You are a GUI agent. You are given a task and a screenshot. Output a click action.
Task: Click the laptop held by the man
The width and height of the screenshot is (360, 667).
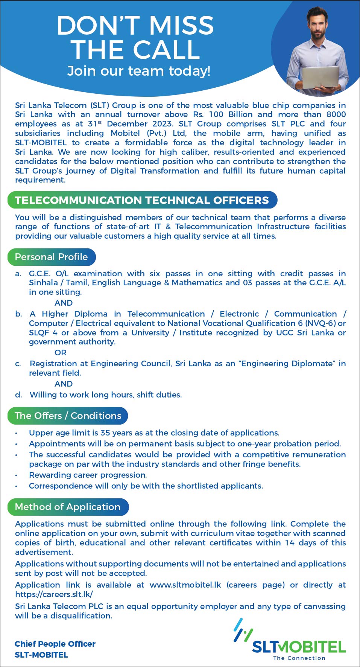(x=321, y=77)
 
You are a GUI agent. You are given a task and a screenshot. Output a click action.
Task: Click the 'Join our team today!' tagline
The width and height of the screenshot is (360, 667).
(x=138, y=71)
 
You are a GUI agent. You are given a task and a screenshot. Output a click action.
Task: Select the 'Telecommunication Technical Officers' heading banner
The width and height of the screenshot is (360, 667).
(x=142, y=200)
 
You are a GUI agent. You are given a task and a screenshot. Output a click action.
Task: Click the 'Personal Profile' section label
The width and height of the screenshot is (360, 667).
(x=51, y=257)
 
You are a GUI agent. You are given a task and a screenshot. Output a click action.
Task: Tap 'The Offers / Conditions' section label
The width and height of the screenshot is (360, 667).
(x=68, y=416)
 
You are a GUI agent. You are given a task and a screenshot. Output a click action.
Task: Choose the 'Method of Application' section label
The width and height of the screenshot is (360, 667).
(x=68, y=507)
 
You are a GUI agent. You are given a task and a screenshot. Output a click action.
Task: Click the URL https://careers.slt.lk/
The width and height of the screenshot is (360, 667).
(x=54, y=594)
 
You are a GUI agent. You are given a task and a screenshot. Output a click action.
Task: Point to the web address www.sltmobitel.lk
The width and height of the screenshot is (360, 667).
(x=185, y=585)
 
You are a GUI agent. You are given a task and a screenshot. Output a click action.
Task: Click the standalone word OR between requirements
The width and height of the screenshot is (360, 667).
(x=60, y=353)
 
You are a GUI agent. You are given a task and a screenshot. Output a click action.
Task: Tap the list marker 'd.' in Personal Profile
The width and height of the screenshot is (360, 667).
(x=18, y=394)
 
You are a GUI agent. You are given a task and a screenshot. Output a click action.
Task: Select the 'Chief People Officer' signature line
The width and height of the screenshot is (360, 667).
(x=55, y=644)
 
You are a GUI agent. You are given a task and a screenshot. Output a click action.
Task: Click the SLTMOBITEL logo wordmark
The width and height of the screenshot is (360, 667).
(x=299, y=647)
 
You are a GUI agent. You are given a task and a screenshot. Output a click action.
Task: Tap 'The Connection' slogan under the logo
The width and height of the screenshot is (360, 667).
(x=299, y=658)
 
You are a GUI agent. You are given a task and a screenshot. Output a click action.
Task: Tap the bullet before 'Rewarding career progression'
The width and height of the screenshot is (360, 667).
(x=16, y=475)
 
